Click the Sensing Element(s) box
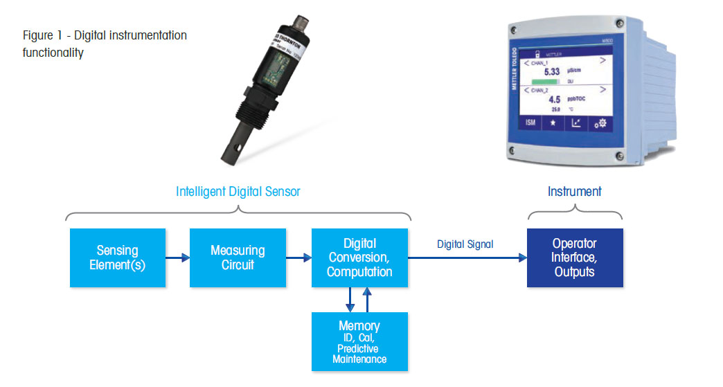click(x=118, y=258)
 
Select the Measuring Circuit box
click(x=238, y=258)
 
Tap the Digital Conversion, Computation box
click(x=359, y=258)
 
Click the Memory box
click(x=359, y=341)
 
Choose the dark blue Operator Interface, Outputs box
click(x=575, y=258)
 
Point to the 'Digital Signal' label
click(x=465, y=244)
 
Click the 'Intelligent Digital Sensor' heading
click(x=238, y=192)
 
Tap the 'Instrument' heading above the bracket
click(x=574, y=192)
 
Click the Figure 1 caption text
click(x=104, y=44)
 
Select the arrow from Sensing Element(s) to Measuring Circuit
click(x=177, y=258)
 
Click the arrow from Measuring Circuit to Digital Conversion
click(x=298, y=258)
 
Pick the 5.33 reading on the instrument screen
click(x=551, y=71)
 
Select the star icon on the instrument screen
click(x=553, y=122)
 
